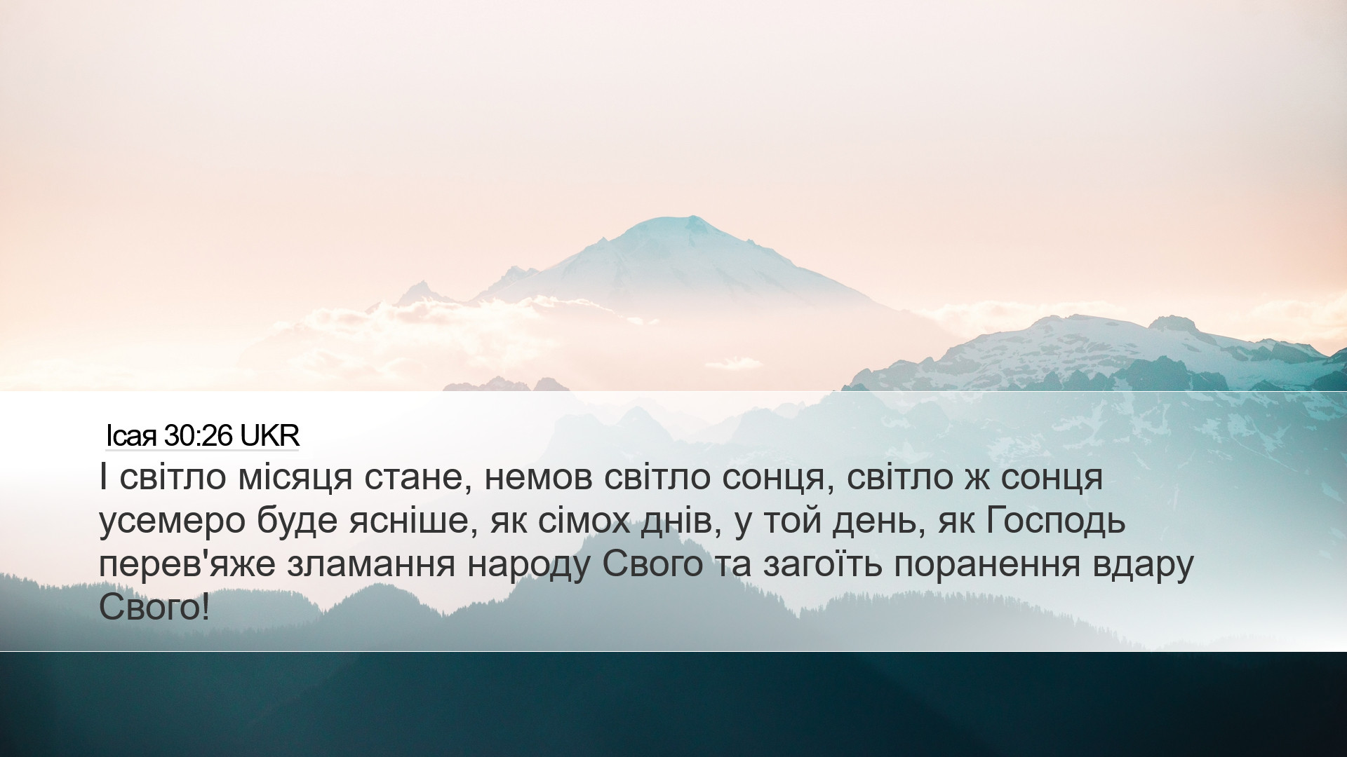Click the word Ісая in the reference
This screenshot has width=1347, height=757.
131,436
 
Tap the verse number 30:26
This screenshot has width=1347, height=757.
198,436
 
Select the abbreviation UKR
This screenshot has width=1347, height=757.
269,436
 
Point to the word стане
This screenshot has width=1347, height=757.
413,477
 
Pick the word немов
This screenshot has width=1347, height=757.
538,477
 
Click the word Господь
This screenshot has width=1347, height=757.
1056,521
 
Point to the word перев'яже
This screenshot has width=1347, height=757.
187,564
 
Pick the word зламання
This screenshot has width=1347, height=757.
371,564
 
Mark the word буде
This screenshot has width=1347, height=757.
297,521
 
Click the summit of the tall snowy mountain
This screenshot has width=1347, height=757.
691,217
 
